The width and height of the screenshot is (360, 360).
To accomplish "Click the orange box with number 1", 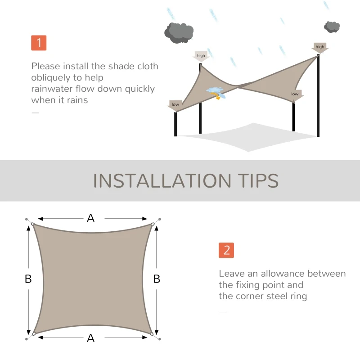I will tap(39, 43).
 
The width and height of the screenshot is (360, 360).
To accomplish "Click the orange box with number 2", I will tap(226, 250).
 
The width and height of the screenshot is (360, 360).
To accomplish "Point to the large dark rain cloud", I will tap(179, 32).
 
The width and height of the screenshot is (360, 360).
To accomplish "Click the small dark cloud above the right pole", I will tap(332, 27).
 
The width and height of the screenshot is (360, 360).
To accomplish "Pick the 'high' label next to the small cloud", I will tap(320, 47).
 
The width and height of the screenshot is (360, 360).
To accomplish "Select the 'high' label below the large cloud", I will tap(201, 56).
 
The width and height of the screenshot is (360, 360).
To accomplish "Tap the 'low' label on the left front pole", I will tap(175, 105).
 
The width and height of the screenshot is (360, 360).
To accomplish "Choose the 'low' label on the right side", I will tap(295, 94).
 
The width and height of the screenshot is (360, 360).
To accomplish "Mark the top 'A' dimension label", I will tap(91, 218).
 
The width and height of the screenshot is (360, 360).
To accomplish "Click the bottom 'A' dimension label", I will tap(91, 338).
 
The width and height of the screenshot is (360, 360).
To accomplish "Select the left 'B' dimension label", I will tap(28, 279).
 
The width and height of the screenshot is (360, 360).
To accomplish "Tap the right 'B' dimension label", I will tap(157, 279).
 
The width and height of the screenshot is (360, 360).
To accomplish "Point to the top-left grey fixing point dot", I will tap(27, 219).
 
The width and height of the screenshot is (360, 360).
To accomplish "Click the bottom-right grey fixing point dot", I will tap(159, 339).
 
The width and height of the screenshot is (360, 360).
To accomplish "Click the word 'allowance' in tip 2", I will tap(284, 274).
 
